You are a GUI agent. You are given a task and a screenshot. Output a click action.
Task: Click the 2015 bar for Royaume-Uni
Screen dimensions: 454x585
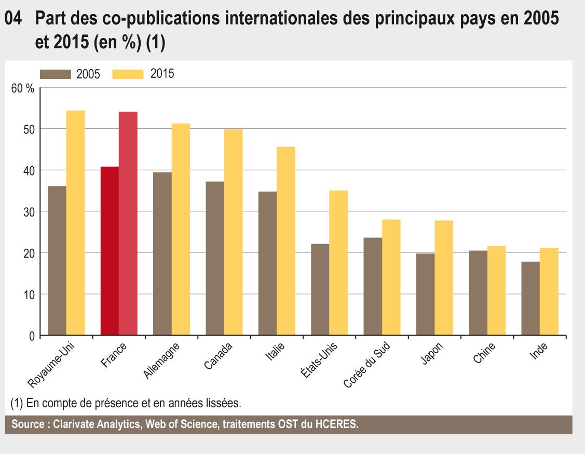(x=75, y=223)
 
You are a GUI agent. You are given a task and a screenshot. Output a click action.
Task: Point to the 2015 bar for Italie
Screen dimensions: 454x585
(x=286, y=241)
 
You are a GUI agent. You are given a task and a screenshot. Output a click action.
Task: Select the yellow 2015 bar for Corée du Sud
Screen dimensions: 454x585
(x=391, y=277)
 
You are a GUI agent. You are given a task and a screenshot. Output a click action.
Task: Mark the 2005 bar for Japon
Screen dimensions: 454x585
(x=426, y=294)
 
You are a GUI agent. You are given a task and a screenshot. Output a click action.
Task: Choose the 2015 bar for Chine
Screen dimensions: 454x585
(x=497, y=291)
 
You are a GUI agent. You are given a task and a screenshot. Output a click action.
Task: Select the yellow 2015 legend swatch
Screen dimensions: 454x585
(x=128, y=74)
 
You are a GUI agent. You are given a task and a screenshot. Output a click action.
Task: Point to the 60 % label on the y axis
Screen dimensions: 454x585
(x=23, y=88)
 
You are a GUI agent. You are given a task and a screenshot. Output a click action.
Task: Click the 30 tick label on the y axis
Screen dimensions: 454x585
(x=28, y=212)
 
